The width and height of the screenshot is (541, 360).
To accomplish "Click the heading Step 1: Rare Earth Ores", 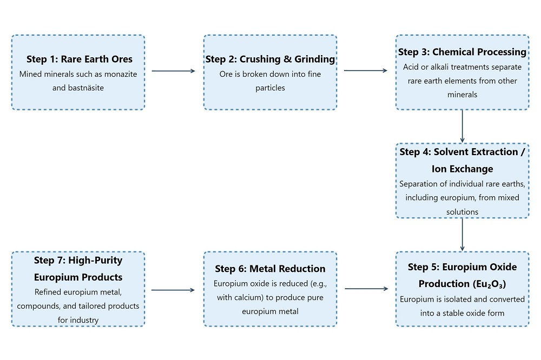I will click(x=79, y=59).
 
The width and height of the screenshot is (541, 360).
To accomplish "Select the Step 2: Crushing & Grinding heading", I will click(x=270, y=59).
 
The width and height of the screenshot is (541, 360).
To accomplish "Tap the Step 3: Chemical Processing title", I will click(x=462, y=52).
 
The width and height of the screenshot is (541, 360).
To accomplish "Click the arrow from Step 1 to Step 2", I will click(x=173, y=70).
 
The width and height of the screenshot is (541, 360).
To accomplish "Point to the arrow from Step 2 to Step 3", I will click(x=366, y=70).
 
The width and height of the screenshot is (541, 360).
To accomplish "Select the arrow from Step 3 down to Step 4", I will click(x=462, y=126).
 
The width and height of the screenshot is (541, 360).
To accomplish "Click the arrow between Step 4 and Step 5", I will click(x=462, y=235).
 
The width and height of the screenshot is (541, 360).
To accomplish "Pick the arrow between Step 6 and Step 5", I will click(x=366, y=289).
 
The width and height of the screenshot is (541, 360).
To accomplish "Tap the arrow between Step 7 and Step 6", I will click(x=173, y=290).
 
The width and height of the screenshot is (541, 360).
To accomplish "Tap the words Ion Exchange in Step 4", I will click(x=462, y=169).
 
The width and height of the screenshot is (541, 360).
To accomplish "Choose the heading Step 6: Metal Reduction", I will click(x=270, y=269).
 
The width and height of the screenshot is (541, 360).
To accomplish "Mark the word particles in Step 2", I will click(x=270, y=87).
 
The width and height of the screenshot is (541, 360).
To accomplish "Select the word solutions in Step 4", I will click(x=462, y=211).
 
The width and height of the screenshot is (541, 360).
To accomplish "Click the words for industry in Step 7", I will click(x=78, y=319).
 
